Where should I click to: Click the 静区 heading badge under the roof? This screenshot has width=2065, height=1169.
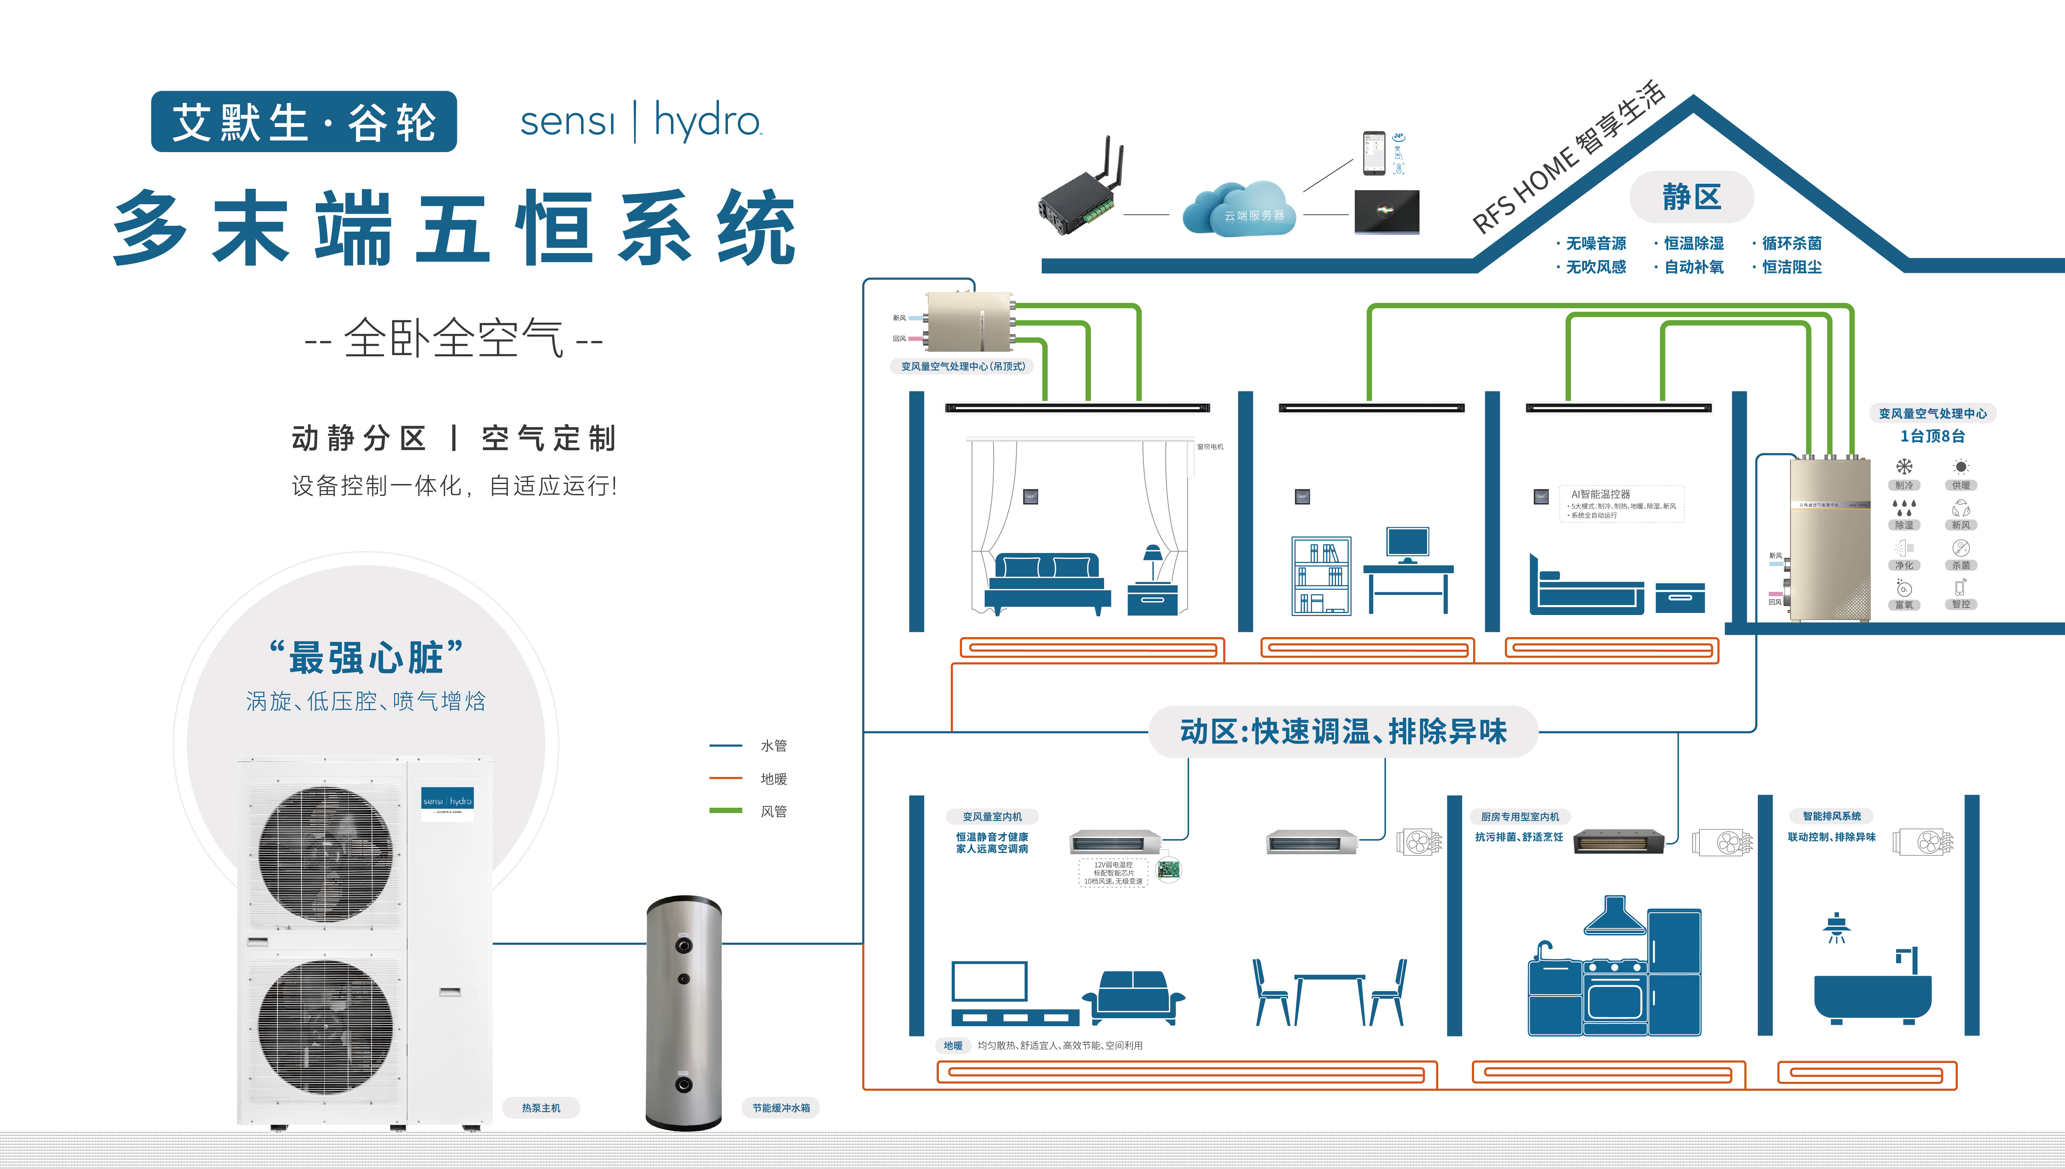point(1691,197)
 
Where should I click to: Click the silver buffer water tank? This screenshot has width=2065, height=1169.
point(684,1012)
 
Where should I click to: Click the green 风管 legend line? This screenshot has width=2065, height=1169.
point(725,811)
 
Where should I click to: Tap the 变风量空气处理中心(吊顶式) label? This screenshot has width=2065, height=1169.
point(962,366)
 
